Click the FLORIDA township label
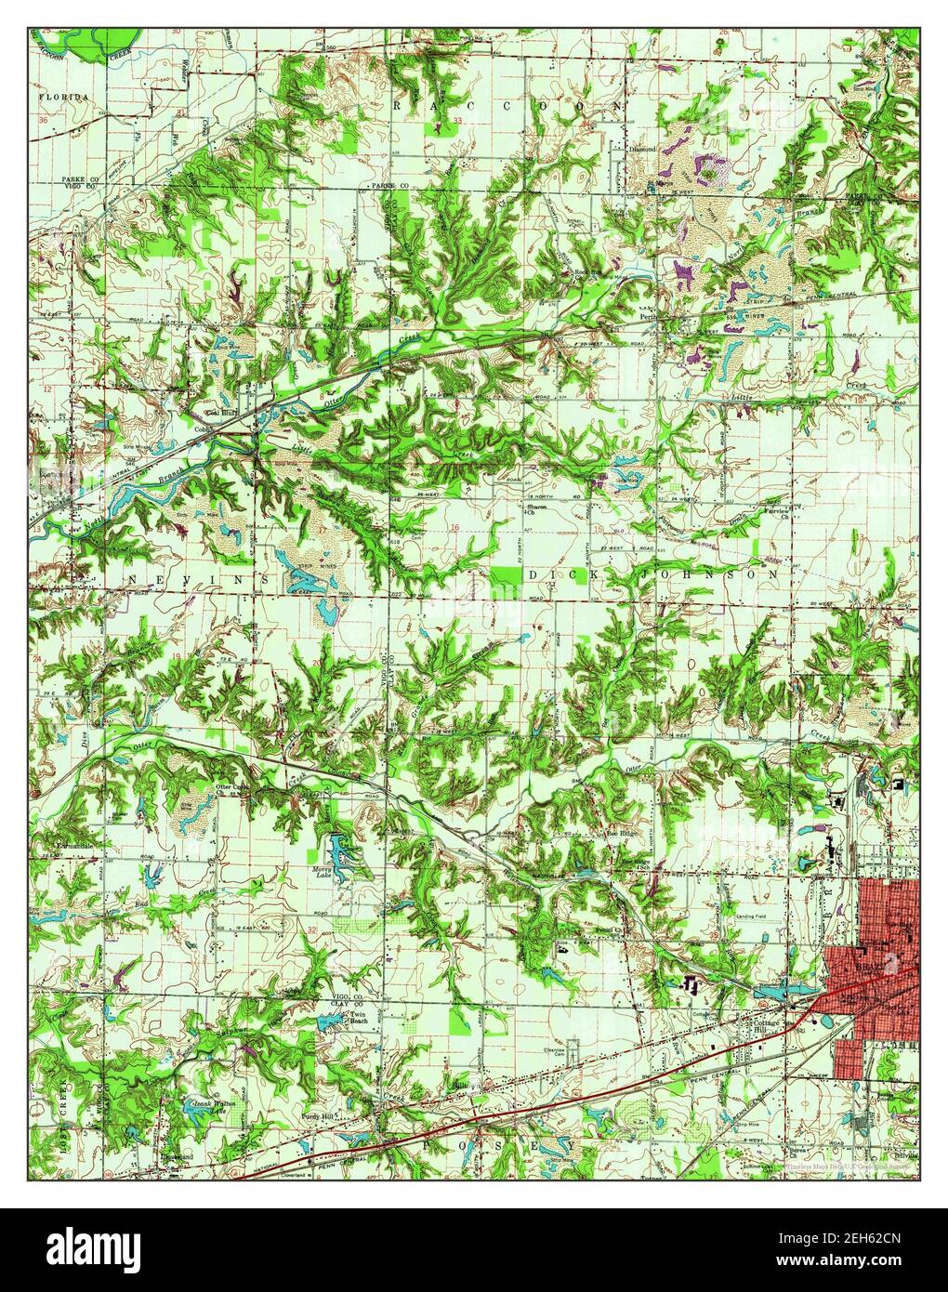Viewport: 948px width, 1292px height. [x=63, y=97]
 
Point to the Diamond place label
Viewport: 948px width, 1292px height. [x=643, y=148]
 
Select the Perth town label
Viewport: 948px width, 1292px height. [x=650, y=315]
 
